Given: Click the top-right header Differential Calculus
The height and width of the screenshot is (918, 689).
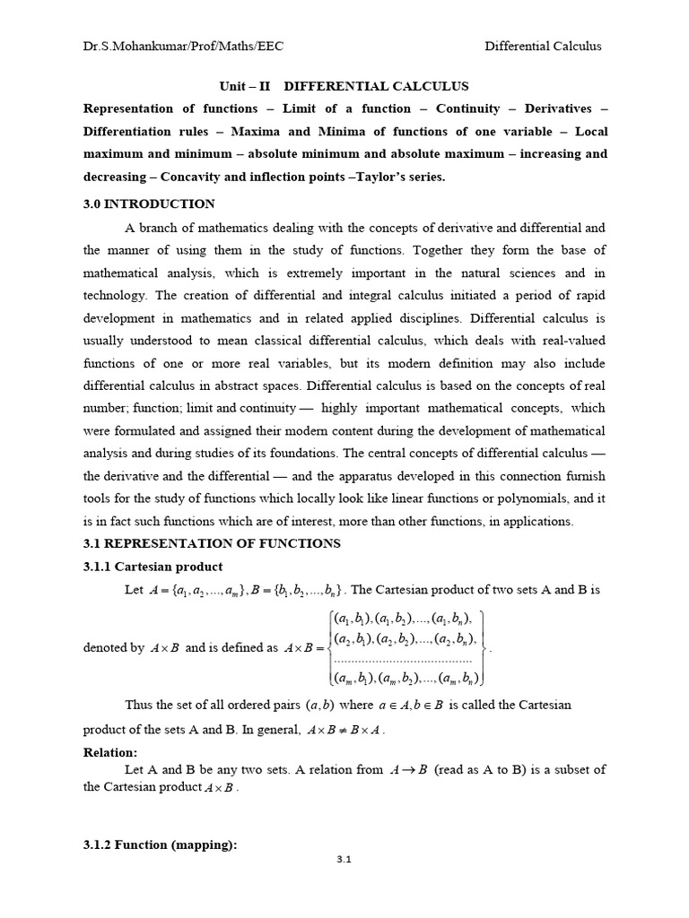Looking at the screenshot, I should point(543,47).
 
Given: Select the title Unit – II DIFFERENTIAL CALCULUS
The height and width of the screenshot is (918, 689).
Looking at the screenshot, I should point(344,87).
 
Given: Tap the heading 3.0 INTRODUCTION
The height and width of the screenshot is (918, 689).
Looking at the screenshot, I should point(149,204).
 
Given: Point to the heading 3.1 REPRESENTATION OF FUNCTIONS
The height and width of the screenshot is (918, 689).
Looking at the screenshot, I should point(212,543).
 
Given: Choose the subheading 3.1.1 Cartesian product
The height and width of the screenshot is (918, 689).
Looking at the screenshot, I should point(153,567).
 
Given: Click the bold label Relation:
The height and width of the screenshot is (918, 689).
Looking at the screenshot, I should point(110,753).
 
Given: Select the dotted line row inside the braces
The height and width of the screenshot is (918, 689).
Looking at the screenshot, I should point(403,658).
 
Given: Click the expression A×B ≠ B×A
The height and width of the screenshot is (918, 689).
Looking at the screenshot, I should point(345,730).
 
